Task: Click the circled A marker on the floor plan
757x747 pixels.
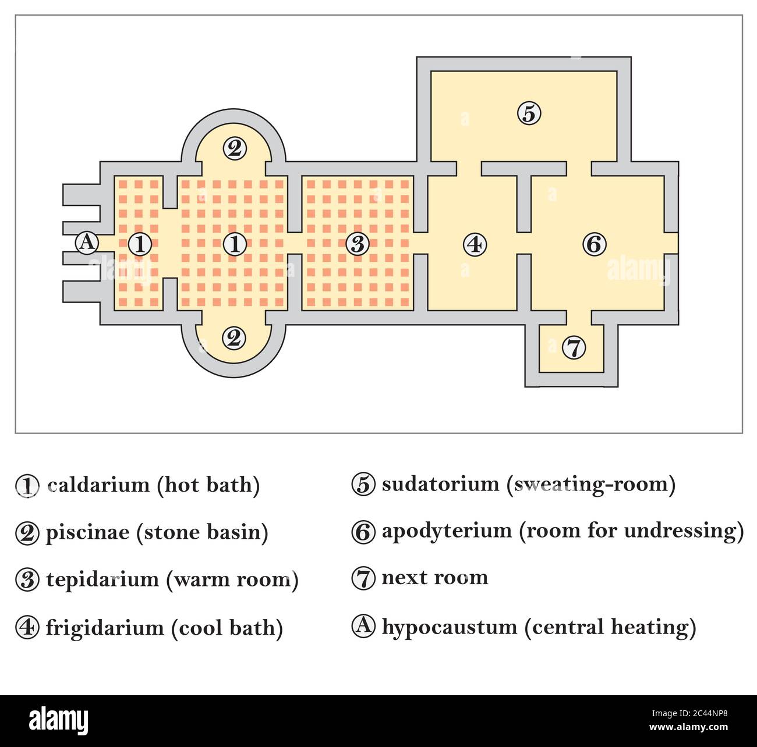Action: point(87,242)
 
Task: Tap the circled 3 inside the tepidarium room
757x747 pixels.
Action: point(358,244)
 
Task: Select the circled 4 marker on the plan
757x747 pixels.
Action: point(475,244)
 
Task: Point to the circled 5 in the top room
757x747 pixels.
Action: point(529,113)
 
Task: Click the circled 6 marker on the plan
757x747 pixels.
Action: point(594,244)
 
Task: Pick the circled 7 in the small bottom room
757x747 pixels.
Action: point(574,348)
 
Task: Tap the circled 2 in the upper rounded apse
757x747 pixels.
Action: point(234,149)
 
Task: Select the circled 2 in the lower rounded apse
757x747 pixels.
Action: point(234,337)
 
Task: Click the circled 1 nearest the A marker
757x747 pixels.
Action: point(140,244)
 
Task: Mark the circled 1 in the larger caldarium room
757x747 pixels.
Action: point(235,244)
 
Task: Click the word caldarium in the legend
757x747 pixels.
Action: point(98,485)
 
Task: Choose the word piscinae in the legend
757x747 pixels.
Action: point(87,532)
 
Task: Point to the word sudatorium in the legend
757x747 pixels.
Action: point(440,483)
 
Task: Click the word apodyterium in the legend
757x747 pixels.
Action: point(446,531)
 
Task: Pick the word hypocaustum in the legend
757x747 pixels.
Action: point(449,627)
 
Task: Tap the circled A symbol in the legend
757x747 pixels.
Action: point(363,625)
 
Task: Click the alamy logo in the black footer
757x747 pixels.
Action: point(59,720)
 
